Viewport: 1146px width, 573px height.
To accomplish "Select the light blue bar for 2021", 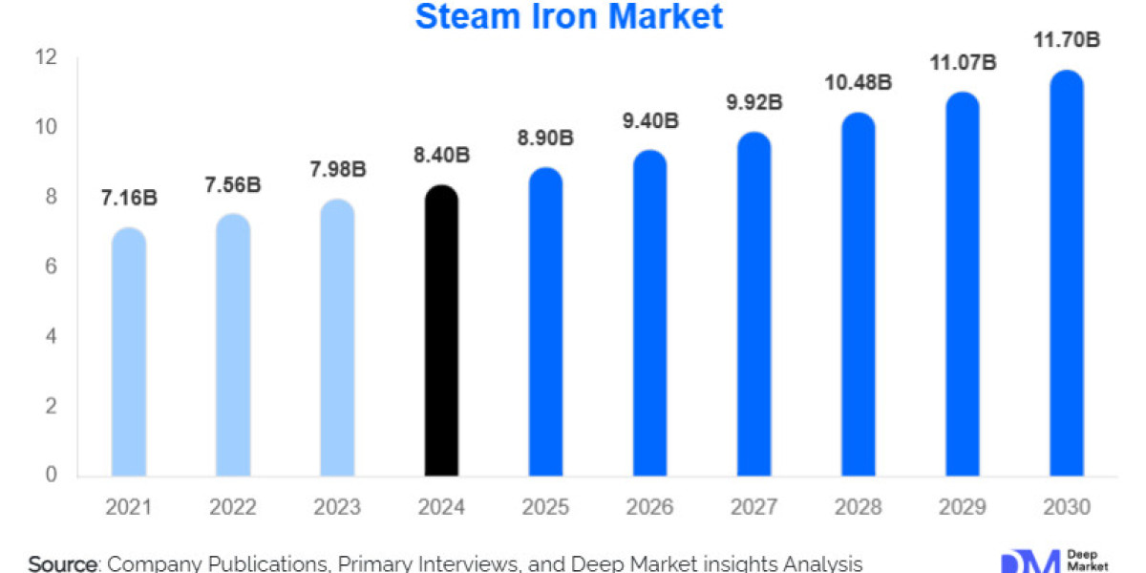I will coord(129,352).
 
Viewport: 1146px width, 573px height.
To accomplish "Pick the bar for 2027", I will coord(754,305).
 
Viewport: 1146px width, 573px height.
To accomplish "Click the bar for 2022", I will coord(233,345).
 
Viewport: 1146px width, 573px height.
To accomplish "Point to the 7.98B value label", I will coord(337,170).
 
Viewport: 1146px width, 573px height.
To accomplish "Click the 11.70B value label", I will coord(1066,40).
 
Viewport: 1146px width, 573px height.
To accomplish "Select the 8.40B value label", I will coord(441,155).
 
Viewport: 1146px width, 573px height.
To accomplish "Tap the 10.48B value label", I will coord(859,82).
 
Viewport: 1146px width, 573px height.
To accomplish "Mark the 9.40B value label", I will coord(651,120).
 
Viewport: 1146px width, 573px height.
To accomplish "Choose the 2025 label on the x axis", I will coord(545,506).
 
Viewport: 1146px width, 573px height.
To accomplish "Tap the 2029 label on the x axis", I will coord(962,506).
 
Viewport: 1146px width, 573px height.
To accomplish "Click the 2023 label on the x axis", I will coord(337,506).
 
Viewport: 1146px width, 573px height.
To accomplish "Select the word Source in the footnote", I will coord(63,563).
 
